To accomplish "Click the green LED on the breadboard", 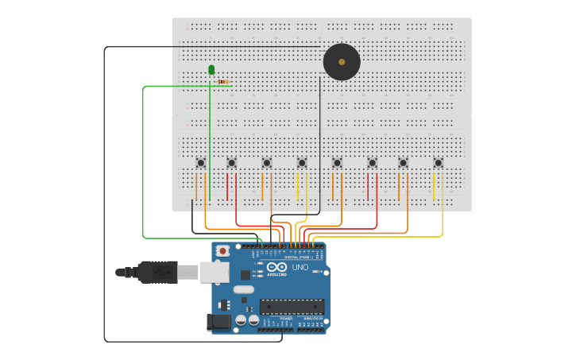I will pyautogui.click(x=211, y=70).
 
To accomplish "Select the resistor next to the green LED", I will pyautogui.click(x=223, y=82).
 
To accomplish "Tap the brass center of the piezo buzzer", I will pyautogui.click(x=342, y=61).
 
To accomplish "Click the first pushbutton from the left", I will pyautogui.click(x=200, y=163).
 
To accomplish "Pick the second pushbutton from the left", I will pyautogui.click(x=232, y=163).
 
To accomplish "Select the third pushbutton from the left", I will pyautogui.click(x=267, y=163).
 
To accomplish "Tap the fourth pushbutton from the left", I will pyautogui.click(x=302, y=163).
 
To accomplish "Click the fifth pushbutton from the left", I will pyautogui.click(x=337, y=163).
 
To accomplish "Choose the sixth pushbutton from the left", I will pyautogui.click(x=372, y=163).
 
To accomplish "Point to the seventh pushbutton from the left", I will pyautogui.click(x=403, y=163).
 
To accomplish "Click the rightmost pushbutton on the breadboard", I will pyautogui.click(x=438, y=163).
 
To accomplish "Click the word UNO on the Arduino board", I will pyautogui.click(x=300, y=268).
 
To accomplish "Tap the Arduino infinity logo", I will pyautogui.click(x=276, y=266).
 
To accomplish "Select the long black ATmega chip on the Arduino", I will pyautogui.click(x=292, y=306).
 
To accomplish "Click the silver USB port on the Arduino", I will pyautogui.click(x=215, y=272).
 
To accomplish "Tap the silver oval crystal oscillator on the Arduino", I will pyautogui.click(x=244, y=289).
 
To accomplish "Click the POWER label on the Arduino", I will pyautogui.click(x=275, y=318).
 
